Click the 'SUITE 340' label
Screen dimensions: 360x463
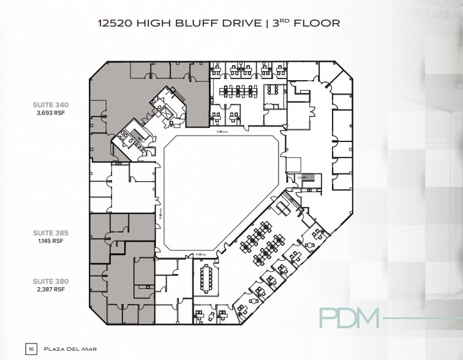click(51, 105)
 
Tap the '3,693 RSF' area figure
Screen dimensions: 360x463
click(51, 113)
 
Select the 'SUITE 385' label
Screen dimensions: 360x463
click(51, 233)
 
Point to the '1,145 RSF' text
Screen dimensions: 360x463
click(51, 242)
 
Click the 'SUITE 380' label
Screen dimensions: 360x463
click(51, 281)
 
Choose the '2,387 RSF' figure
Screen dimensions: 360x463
click(51, 290)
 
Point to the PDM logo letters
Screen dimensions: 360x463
click(348, 318)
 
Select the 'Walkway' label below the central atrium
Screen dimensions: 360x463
click(200, 253)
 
